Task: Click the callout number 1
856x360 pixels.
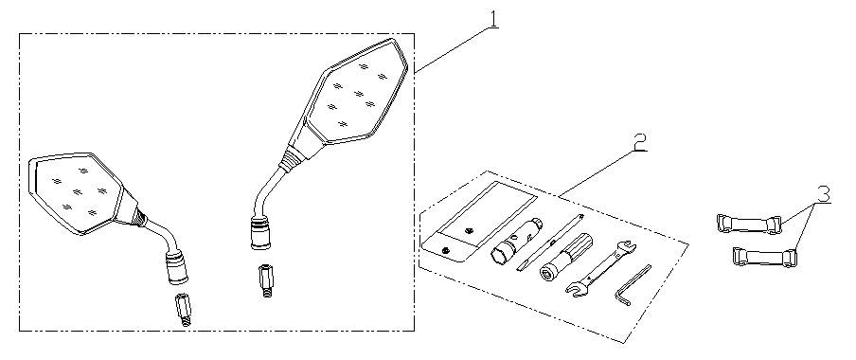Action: point(493,19)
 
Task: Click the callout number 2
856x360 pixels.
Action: point(639,139)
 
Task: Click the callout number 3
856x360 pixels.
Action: point(823,193)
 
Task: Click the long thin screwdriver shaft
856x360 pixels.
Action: point(550,243)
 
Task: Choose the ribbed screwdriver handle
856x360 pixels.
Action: point(565,256)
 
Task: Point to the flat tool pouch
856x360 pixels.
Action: point(479,222)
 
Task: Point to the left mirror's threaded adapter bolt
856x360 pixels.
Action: point(183,311)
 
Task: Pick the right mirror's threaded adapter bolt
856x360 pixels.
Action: point(266,281)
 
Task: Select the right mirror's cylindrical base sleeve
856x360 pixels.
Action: point(261,233)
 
